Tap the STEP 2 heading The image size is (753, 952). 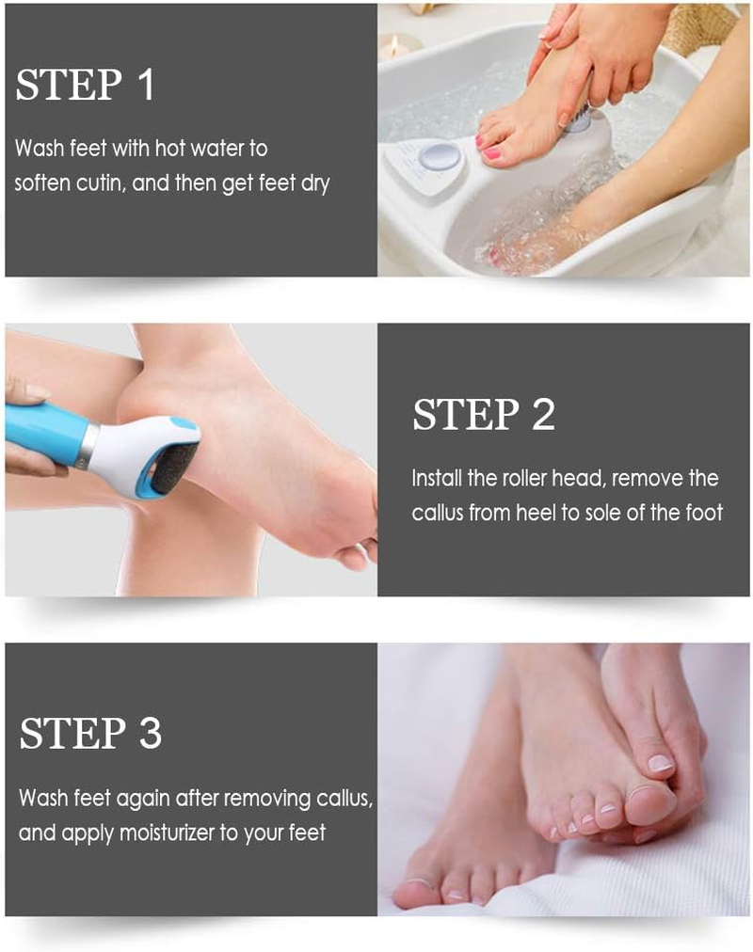[484, 415]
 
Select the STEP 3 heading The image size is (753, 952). [90, 733]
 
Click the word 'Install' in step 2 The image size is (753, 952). [439, 478]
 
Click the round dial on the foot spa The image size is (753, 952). [440, 156]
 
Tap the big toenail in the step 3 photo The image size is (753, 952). [660, 763]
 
